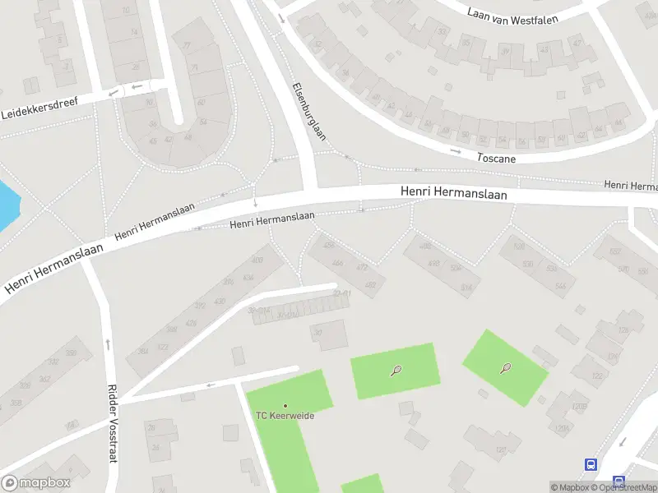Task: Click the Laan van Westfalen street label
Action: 513,15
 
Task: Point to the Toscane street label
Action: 496,157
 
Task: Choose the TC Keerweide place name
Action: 285,415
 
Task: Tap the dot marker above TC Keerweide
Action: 285,405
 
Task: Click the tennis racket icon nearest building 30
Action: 396,371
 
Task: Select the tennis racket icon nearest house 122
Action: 505,367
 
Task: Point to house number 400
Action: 257,260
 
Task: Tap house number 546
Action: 560,286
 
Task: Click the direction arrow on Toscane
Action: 455,151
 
